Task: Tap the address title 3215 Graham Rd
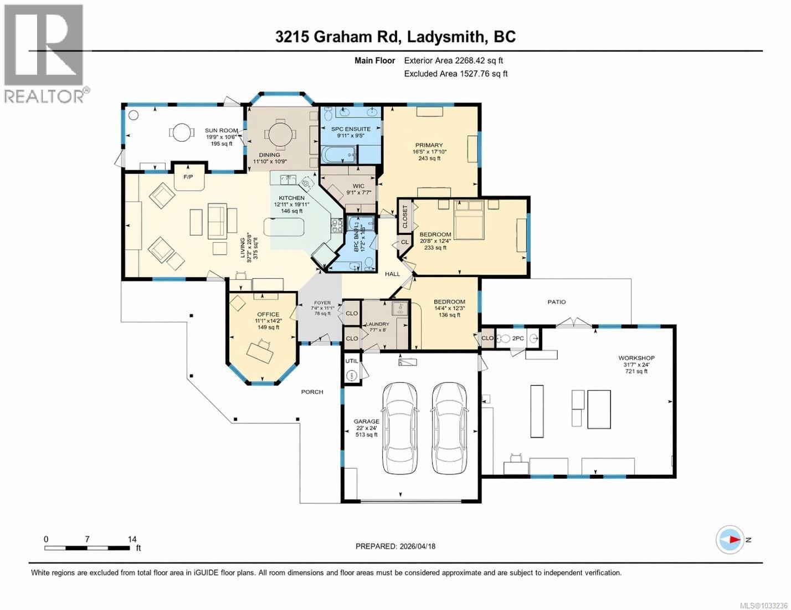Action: point(339,37)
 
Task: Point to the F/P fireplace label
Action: point(189,177)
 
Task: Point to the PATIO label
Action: point(557,302)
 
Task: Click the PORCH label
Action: point(312,392)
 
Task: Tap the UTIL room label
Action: point(352,361)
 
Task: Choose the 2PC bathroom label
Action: point(518,338)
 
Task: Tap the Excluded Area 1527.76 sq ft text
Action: point(455,74)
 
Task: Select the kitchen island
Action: point(284,227)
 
